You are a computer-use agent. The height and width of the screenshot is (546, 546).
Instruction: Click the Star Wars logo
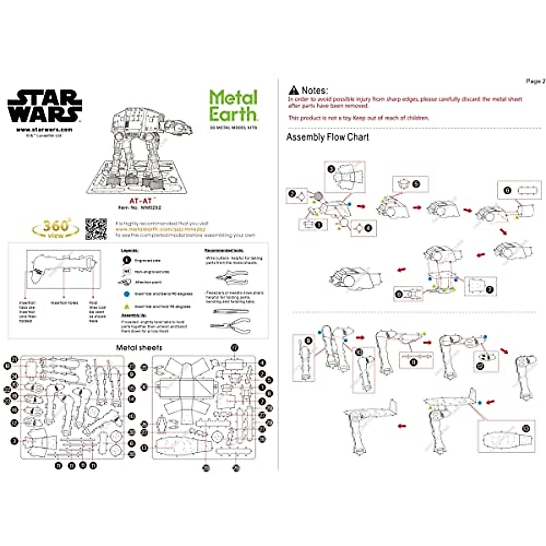45,106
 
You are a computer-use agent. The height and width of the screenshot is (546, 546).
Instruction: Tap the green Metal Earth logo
233,105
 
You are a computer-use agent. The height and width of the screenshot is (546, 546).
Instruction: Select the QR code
96,229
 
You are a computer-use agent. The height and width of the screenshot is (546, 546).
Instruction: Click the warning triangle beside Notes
294,90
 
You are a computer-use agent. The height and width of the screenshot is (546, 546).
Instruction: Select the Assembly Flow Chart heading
327,137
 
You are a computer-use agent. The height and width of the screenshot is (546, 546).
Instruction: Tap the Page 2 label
535,81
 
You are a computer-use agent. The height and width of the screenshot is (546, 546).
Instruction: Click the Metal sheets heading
139,348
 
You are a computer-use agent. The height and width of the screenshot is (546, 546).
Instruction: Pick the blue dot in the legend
127,294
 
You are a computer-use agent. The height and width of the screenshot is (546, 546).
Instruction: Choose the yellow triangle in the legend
127,307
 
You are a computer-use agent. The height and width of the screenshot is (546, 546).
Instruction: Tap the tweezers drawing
230,312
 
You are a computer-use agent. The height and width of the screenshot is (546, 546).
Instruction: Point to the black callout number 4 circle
368,228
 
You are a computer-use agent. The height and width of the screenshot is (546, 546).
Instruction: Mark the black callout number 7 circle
490,288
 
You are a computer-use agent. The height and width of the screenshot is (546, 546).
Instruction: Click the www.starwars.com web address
44,129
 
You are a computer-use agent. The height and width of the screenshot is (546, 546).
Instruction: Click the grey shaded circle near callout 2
318,197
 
